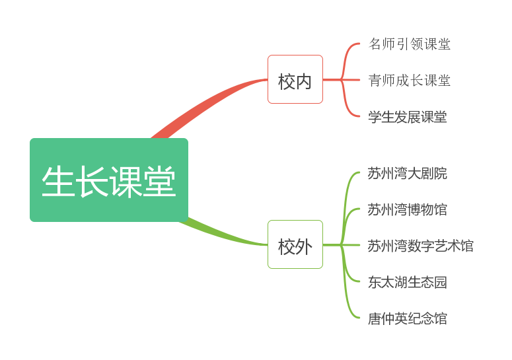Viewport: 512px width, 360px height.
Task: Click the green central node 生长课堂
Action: click(x=109, y=180)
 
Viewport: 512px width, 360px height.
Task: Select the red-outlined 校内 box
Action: click(x=295, y=79)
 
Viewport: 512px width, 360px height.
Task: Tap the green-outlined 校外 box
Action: click(x=295, y=245)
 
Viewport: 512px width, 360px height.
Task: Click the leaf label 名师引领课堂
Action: click(x=410, y=44)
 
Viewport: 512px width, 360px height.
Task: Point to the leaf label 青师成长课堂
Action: click(x=410, y=81)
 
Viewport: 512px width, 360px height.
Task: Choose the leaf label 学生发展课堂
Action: click(x=408, y=117)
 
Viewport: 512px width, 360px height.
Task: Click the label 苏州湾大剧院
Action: click(x=407, y=173)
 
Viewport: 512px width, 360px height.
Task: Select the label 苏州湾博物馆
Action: click(x=407, y=209)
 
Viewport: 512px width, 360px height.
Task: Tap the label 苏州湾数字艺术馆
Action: click(x=420, y=246)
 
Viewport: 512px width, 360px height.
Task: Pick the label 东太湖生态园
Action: click(x=407, y=282)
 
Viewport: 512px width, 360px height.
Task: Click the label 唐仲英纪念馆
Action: click(x=407, y=318)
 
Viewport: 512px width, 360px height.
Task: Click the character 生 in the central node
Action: click(x=57, y=181)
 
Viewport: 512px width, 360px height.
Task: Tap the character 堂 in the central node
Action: click(x=159, y=181)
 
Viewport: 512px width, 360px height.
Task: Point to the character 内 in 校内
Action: click(x=303, y=81)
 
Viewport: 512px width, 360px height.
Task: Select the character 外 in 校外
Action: click(x=303, y=246)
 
